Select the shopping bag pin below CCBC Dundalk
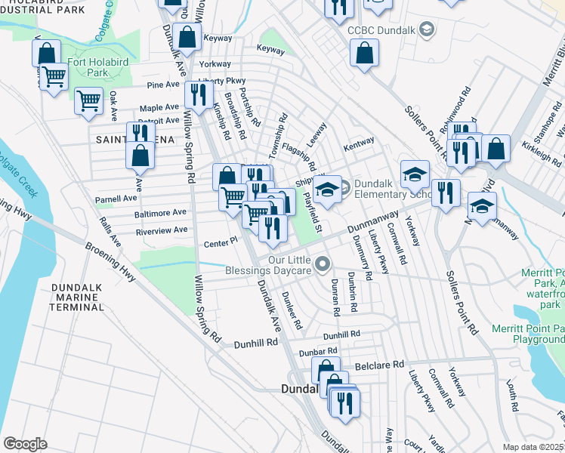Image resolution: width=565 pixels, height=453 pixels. pyautogui.click(x=364, y=54)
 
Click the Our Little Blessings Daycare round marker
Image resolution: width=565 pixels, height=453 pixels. pyautogui.click(x=323, y=263)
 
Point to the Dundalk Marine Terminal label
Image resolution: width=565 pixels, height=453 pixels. pyautogui.click(x=76, y=298)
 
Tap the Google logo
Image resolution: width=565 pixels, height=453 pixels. pyautogui.click(x=25, y=443)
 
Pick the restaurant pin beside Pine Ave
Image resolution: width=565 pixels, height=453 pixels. pyautogui.click(x=198, y=95)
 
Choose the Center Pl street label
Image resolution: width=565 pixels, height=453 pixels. pyautogui.click(x=221, y=243)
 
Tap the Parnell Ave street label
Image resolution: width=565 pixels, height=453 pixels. pyautogui.click(x=116, y=199)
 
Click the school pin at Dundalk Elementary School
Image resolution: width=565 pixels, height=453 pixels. pyautogui.click(x=327, y=190)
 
